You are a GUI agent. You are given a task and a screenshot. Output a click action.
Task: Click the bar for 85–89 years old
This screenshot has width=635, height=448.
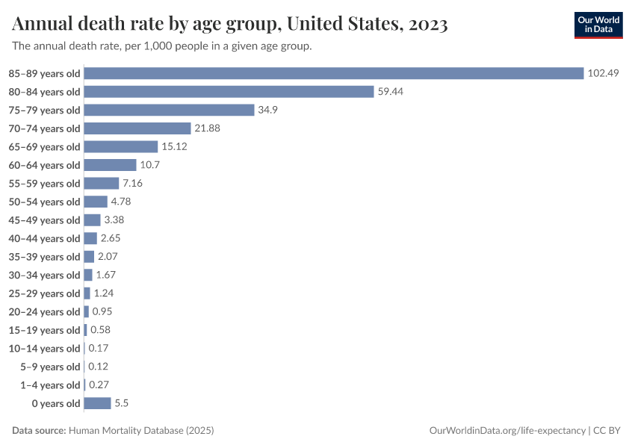point(333,73)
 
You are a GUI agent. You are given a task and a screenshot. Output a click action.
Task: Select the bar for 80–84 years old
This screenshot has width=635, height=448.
point(229,92)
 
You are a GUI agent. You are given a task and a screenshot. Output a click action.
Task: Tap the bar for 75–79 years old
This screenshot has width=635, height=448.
point(170,110)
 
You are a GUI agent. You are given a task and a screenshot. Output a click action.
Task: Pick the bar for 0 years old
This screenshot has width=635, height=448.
point(97,403)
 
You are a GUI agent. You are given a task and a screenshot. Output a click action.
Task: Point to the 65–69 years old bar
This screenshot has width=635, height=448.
point(121,146)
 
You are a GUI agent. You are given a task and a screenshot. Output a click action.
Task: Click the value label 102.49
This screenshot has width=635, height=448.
point(604,73)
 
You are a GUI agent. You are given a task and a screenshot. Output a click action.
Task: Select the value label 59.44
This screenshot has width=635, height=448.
point(391,92)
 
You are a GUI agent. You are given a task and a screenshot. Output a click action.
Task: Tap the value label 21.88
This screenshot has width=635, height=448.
point(207,128)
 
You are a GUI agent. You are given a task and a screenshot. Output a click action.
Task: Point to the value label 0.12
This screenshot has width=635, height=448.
point(98,367)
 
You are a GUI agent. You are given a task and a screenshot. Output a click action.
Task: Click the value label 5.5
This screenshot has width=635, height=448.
point(122,403)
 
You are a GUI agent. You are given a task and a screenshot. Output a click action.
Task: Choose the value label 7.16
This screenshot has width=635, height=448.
point(132,183)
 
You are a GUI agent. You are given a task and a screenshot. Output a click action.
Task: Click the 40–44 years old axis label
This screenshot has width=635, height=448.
point(44,238)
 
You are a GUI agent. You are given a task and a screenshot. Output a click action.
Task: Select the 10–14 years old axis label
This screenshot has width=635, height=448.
point(44,349)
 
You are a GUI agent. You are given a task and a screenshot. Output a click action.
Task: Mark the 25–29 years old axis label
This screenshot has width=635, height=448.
point(44,293)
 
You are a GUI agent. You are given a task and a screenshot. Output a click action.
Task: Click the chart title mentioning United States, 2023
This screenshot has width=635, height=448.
point(230,25)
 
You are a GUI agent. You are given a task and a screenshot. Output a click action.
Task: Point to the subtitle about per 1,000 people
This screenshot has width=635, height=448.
point(162,46)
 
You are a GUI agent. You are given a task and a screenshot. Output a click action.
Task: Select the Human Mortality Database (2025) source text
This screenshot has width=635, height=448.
point(141,431)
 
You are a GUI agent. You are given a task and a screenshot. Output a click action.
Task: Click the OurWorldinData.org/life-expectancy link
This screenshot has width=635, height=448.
point(509,431)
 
